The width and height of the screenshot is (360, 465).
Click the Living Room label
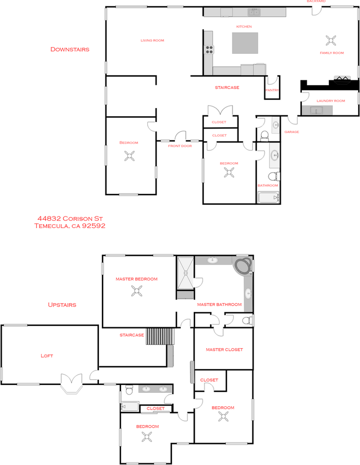pyautogui.click(x=152, y=40)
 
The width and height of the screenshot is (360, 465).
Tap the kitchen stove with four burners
pyautogui.click(x=209, y=48)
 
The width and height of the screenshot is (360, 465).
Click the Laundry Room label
pyautogui.click(x=330, y=101)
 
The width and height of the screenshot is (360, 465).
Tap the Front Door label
pyautogui.click(x=180, y=146)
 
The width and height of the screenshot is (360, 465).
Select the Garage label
pyautogui.click(x=291, y=132)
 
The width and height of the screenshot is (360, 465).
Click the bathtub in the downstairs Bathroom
pyautogui.click(x=268, y=198)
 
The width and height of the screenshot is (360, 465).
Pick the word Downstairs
pyautogui.click(x=70, y=49)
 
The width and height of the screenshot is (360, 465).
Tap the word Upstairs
pyautogui.click(x=62, y=305)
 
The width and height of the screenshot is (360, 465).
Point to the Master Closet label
pyautogui.click(x=224, y=349)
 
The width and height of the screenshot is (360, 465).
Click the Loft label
pyautogui.click(x=47, y=356)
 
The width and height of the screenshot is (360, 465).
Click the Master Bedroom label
pyautogui.click(x=137, y=279)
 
